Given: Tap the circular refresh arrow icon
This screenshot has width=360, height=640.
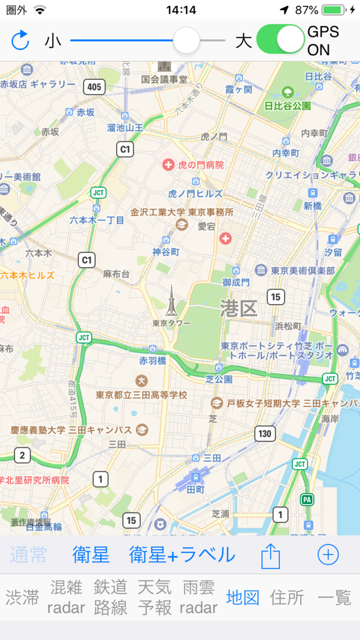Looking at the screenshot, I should pyautogui.click(x=20, y=40).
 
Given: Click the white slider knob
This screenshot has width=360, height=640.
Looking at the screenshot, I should pyautogui.click(x=186, y=41).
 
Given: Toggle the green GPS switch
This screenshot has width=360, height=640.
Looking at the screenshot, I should pyautogui.click(x=280, y=40).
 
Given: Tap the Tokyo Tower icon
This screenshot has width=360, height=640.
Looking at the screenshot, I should pyautogui.click(x=171, y=301).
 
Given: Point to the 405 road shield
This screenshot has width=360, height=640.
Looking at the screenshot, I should pyautogui.click(x=95, y=87).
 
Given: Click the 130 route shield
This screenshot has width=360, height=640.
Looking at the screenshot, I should pyautogui.click(x=264, y=434).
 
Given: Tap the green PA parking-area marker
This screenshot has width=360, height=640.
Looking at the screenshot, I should pyautogui.click(x=308, y=499).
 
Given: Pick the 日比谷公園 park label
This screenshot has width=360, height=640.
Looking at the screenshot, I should pyautogui.click(x=287, y=105).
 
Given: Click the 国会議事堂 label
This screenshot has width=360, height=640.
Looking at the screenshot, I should pyautogui.click(x=165, y=79).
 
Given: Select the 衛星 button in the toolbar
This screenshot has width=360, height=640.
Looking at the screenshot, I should pyautogui.click(x=91, y=555).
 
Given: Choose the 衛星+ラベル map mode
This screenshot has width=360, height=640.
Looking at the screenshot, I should pyautogui.click(x=182, y=555).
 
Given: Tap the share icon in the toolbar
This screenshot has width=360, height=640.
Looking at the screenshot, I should pyautogui.click(x=271, y=556).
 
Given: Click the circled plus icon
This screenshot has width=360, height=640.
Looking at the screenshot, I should pyautogui.click(x=328, y=555).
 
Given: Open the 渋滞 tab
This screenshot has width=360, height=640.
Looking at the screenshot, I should pyautogui.click(x=23, y=597).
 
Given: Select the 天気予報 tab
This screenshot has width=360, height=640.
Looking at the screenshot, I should pyautogui.click(x=155, y=597).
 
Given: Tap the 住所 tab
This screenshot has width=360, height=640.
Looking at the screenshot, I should pyautogui.click(x=287, y=597).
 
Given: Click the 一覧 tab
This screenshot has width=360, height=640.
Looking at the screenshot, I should pyautogui.click(x=335, y=597).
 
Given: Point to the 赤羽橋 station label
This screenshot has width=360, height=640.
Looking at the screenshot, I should pyautogui.click(x=153, y=361).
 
